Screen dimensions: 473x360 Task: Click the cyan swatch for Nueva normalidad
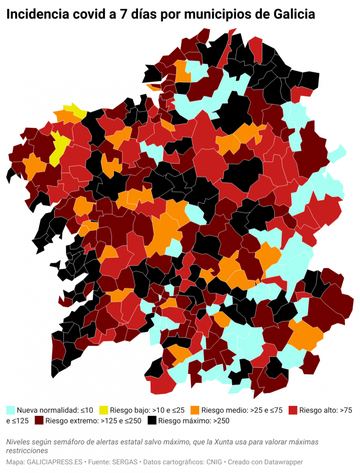[10, 410]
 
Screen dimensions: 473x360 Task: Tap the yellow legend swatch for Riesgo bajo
[103, 410]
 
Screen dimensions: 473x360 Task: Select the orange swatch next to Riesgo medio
[195, 410]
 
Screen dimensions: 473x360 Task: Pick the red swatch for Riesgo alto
[293, 410]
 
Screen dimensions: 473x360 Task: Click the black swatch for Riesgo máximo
[152, 421]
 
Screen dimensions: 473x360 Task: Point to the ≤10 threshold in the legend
[87, 410]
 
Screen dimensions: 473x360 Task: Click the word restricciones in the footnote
[27, 450]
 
